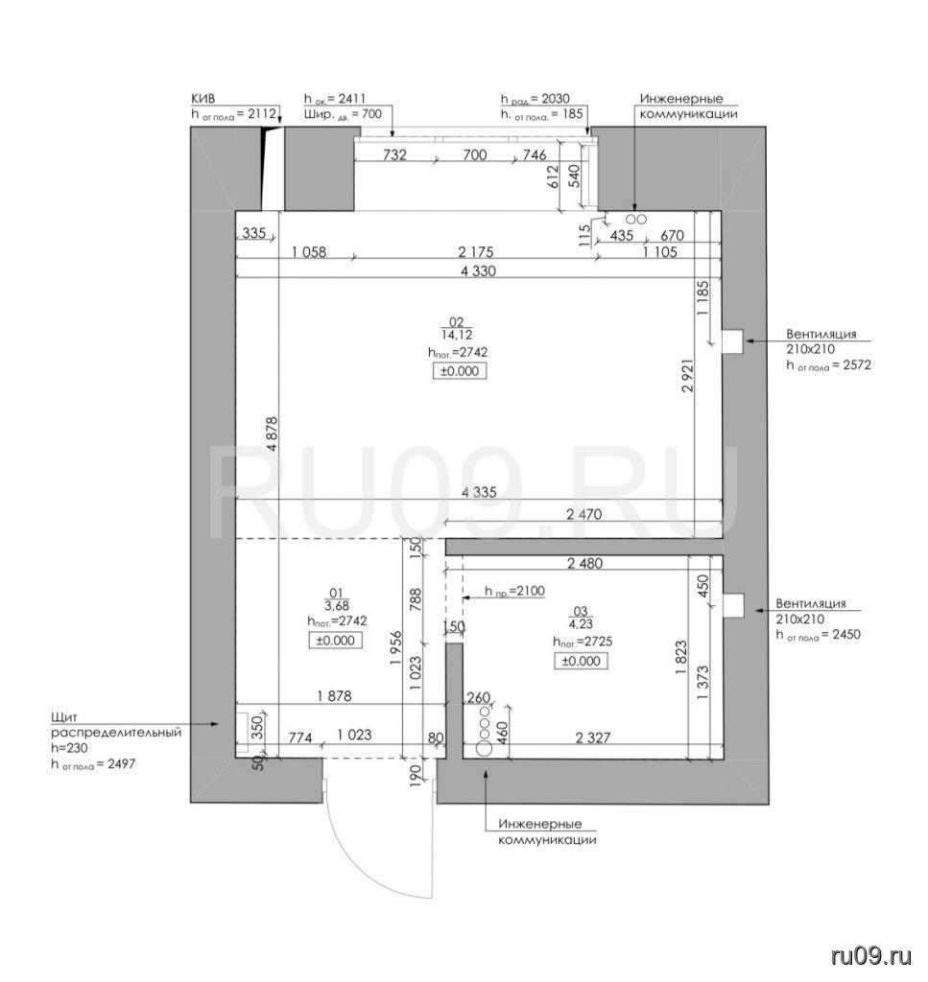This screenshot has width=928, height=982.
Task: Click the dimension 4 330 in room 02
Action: tap(478, 271)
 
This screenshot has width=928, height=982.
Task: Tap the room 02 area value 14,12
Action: tap(457, 336)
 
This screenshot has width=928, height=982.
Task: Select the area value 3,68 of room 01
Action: tap(337, 606)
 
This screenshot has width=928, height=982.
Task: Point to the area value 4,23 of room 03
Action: tap(581, 623)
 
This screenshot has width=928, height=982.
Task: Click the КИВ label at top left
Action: tap(203, 99)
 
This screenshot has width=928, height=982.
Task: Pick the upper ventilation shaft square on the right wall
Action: tap(732, 342)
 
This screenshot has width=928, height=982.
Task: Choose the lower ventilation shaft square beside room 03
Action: tap(733, 606)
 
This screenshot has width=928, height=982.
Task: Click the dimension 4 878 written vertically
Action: tap(272, 434)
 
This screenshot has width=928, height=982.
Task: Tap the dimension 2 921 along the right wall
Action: tap(687, 375)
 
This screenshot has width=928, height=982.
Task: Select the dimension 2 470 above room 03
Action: tap(583, 514)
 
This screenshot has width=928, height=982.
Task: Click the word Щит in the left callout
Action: tap(64, 717)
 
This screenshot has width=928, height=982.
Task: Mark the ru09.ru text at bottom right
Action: tap(871, 956)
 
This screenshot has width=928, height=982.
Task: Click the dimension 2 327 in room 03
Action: tap(593, 737)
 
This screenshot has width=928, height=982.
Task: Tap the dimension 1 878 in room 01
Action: tap(335, 696)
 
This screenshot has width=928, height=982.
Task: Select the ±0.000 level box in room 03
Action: tap(581, 661)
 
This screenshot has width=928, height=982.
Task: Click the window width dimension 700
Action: tap(474, 154)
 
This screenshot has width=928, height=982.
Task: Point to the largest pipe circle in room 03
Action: tap(484, 746)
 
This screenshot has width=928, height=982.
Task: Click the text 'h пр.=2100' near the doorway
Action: tap(514, 591)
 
